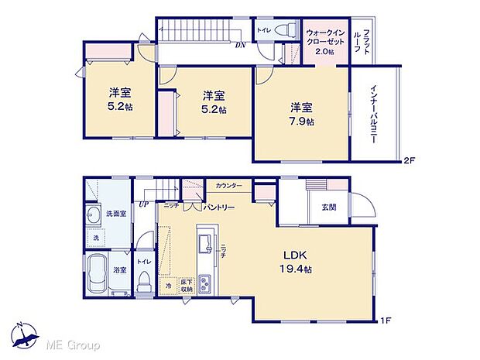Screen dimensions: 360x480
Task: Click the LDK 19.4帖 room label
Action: coord(297,262)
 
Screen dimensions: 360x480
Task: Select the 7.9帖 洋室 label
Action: coord(302,114)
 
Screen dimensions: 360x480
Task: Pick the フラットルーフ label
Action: coord(361,40)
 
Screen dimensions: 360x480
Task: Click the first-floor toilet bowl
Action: coord(143,286)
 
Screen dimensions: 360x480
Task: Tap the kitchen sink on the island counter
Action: coord(204,246)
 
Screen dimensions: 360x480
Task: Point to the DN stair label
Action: coord(241,45)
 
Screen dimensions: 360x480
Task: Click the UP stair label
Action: coord(143,204)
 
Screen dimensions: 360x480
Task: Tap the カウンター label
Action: coord(229,187)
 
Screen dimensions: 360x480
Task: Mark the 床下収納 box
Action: coord(186,286)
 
